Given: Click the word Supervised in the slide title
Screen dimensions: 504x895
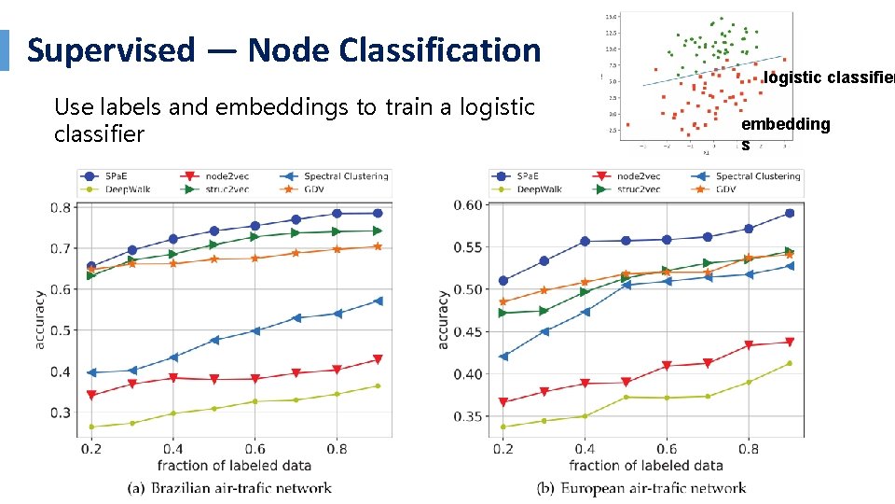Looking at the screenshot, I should (x=112, y=49).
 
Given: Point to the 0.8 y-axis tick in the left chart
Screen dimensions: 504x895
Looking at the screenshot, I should (x=60, y=207).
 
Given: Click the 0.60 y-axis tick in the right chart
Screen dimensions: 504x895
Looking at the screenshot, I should (x=468, y=205).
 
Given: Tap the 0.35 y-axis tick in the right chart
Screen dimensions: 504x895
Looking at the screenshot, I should (x=468, y=416).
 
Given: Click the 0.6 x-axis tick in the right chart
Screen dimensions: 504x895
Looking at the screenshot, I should (x=666, y=449).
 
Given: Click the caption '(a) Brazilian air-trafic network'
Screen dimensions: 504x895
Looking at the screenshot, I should (x=229, y=487).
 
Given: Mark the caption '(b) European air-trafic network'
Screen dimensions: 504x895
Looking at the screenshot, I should (x=641, y=487).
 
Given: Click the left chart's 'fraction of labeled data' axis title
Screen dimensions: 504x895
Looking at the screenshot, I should (x=234, y=465).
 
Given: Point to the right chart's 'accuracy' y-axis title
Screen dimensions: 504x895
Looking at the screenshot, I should (x=444, y=319).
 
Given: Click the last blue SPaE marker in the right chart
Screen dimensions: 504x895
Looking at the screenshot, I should (x=789, y=214).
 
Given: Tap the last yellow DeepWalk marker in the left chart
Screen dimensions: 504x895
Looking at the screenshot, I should (x=378, y=385).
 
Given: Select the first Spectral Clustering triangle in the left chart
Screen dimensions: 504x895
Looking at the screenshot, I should (x=91, y=372).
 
